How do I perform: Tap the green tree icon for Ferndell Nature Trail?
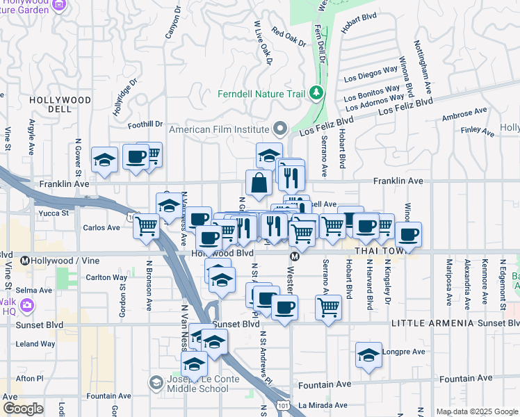(316, 92)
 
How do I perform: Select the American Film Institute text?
(219, 129)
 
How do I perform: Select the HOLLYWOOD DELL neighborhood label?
(60, 106)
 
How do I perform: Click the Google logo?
(23, 409)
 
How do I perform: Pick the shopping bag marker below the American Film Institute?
(259, 183)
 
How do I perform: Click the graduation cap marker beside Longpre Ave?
(368, 355)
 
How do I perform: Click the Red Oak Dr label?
(289, 38)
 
